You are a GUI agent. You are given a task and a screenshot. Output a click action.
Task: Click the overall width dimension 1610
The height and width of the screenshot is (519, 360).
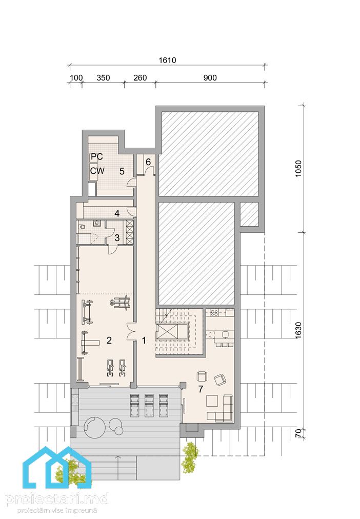coord(167,60)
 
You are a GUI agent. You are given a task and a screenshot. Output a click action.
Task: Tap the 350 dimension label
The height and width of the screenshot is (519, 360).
coord(103,78)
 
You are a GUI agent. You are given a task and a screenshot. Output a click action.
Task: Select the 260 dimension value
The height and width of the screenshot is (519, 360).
coord(140,78)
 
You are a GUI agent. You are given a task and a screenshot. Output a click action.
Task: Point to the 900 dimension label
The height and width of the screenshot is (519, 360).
coord(210,78)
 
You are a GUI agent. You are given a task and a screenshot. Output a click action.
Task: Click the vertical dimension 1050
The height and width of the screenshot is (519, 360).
coord(298,169)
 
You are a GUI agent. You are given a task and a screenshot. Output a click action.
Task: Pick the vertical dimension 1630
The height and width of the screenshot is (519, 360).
coord(298,330)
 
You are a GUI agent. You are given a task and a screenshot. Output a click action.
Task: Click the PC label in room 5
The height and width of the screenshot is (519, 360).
coord(96,156)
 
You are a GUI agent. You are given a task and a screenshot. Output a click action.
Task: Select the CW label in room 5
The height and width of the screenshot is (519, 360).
coord(97,171)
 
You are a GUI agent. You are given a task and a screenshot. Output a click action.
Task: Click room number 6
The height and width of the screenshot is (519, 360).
coord(148,162)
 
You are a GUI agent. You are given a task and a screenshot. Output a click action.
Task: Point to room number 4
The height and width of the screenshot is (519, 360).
coord(117,213)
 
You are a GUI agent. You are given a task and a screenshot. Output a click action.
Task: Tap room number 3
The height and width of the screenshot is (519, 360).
coord(117,237)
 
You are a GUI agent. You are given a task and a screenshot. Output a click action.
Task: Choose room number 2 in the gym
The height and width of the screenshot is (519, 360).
coord(109,340)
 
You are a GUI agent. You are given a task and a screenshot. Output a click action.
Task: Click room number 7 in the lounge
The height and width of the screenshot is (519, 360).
coord(201,389)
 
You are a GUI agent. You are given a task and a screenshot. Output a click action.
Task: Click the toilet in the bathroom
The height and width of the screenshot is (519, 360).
coord(82,227)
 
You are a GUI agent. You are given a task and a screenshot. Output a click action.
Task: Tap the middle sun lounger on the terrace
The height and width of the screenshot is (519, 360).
coord(149,405)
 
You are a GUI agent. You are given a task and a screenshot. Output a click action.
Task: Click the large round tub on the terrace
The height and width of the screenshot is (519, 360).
coord(95,427)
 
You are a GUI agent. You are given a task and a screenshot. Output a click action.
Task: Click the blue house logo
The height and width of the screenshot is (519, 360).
coord(56,467)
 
